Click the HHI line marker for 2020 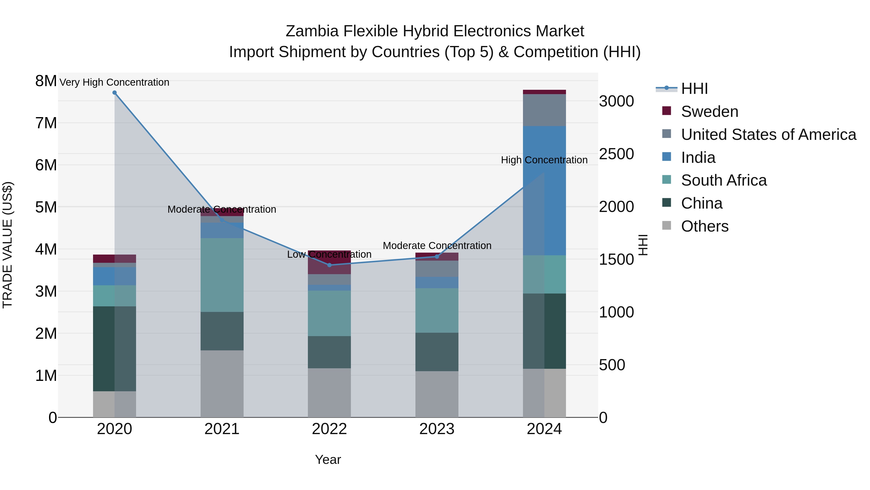click(115, 93)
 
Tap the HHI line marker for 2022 click(330, 265)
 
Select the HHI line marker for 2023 click(437, 257)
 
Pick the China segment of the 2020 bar click(115, 349)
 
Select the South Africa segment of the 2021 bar click(222, 275)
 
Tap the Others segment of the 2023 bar click(437, 394)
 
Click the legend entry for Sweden click(709, 112)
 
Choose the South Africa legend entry click(723, 180)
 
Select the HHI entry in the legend click(694, 89)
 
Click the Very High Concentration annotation click(115, 83)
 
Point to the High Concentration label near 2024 click(544, 160)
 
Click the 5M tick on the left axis click(46, 207)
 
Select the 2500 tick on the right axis click(616, 154)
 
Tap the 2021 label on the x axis click(222, 429)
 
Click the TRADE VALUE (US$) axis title click(7, 245)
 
